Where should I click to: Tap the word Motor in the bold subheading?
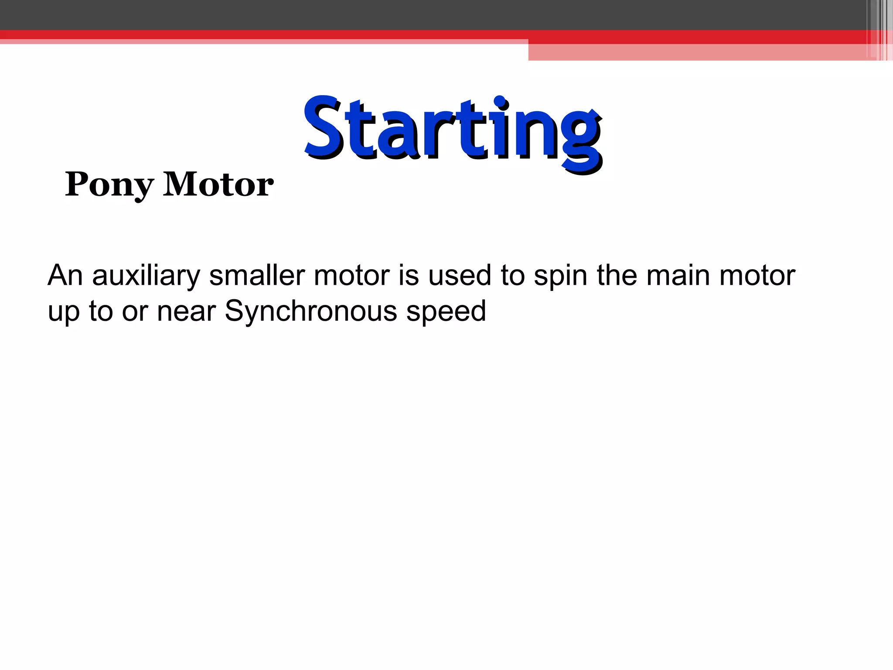click(218, 185)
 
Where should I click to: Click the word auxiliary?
click(146, 276)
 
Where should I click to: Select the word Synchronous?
click(311, 312)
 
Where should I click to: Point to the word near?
click(186, 312)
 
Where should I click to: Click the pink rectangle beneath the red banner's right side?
click(698, 52)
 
